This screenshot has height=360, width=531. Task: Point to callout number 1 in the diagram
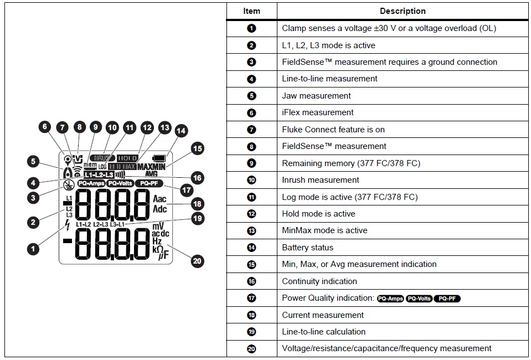coord(33,249)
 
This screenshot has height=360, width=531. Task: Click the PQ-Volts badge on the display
coord(120,183)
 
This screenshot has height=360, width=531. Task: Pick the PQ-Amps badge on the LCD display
coord(91,183)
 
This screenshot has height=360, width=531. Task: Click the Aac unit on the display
coord(159,199)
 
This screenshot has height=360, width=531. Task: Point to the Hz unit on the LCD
coord(157,241)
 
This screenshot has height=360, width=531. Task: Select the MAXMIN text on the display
coord(152,166)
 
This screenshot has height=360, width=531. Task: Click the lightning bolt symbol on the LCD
coord(68,225)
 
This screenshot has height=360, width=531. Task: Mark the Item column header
coord(251,11)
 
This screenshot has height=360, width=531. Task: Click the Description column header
coord(403,11)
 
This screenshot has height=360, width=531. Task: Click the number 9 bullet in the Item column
coord(252,163)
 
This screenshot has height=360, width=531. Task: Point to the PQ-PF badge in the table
coord(447,299)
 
